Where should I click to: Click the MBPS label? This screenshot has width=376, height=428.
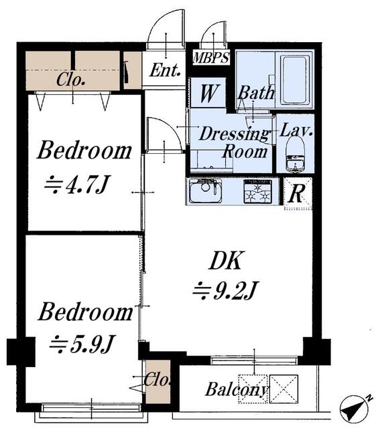210,58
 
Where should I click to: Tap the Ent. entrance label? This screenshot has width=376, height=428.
165,70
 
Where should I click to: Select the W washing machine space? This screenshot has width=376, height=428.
208,93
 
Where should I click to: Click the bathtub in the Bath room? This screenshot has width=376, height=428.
294,80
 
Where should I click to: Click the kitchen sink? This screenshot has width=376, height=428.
204,191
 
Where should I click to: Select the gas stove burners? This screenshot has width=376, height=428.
258,191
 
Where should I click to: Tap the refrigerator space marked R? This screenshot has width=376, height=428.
298,193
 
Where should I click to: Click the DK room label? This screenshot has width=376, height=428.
225,261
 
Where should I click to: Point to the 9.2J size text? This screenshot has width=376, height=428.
225,290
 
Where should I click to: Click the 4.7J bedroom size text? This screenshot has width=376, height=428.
77,185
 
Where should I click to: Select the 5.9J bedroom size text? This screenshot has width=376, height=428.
81,344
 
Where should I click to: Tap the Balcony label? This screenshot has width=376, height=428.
236,389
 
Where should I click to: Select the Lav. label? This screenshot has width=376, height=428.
296,130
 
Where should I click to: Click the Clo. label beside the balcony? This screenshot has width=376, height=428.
157,379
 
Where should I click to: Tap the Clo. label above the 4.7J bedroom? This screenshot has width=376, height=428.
70,80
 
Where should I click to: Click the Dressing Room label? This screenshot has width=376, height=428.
235,142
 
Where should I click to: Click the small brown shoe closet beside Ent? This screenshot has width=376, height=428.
133,70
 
